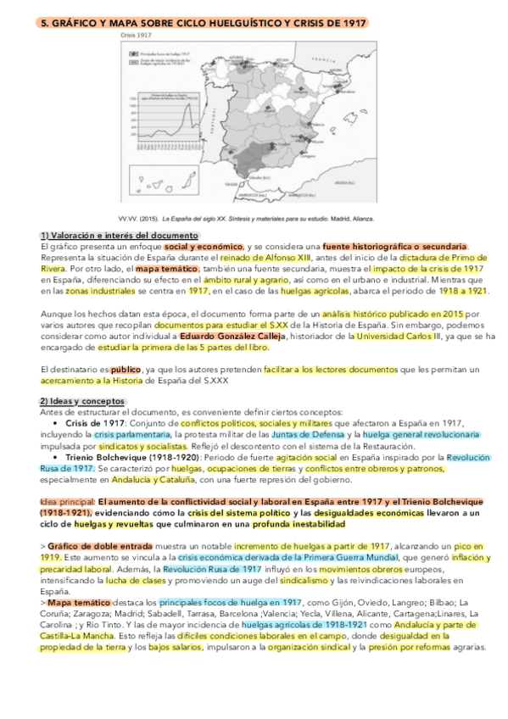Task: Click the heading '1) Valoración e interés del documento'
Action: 120,235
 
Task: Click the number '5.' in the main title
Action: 46,25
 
